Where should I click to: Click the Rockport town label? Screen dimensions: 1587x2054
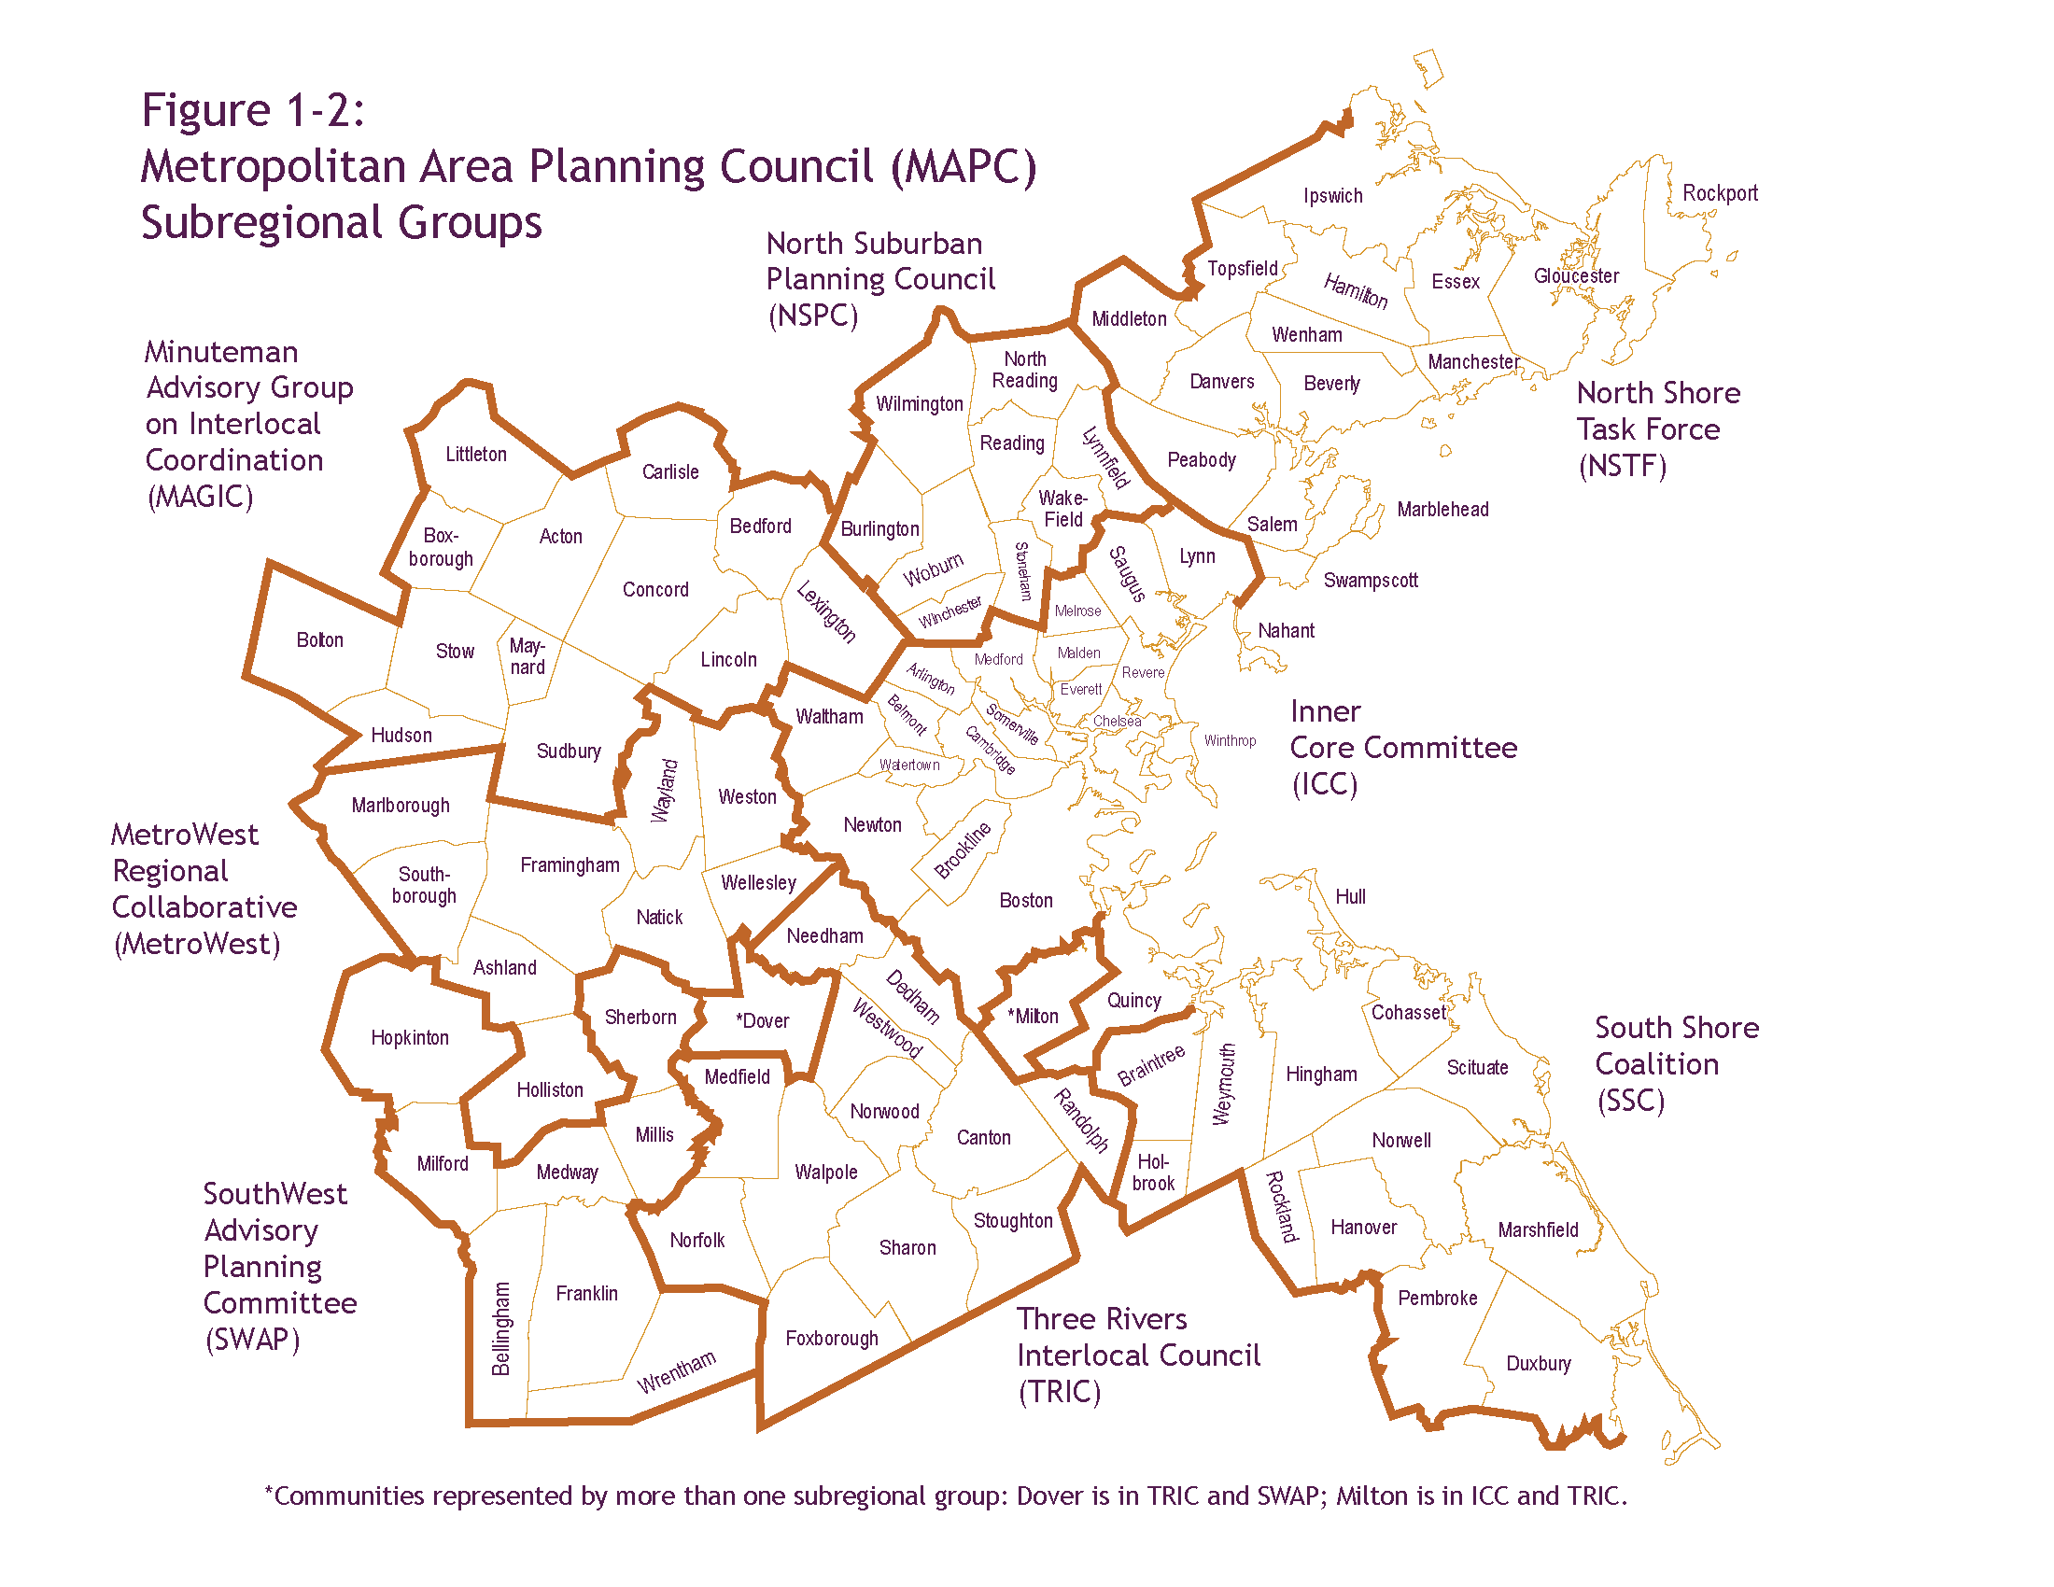click(x=1719, y=192)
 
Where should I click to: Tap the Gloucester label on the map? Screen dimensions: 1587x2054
click(x=1576, y=275)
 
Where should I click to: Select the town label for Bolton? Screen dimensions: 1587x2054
click(x=319, y=640)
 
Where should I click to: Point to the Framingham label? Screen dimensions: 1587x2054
click(x=570, y=865)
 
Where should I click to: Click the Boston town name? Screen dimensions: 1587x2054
click(x=1026, y=901)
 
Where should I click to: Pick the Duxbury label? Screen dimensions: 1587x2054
click(x=1539, y=1363)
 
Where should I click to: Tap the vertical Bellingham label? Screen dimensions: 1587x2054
click(x=501, y=1328)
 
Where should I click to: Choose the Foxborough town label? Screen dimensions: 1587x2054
click(x=831, y=1338)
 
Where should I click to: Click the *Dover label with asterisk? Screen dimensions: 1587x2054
click(x=763, y=1021)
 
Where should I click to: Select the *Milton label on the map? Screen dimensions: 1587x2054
click(x=1033, y=1017)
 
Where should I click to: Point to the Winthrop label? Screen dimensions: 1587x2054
click(x=1231, y=741)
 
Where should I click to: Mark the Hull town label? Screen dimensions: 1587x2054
click(x=1351, y=897)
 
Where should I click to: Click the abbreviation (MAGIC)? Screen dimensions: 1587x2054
click(x=201, y=497)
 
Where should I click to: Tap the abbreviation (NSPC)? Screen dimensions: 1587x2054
click(x=813, y=315)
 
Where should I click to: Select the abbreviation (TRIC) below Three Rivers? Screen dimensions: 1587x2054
click(x=1060, y=1392)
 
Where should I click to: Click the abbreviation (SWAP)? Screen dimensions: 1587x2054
click(x=253, y=1339)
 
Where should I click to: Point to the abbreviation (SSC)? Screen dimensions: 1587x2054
click(x=1631, y=1100)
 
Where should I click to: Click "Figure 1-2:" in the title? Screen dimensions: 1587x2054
click(x=253, y=110)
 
